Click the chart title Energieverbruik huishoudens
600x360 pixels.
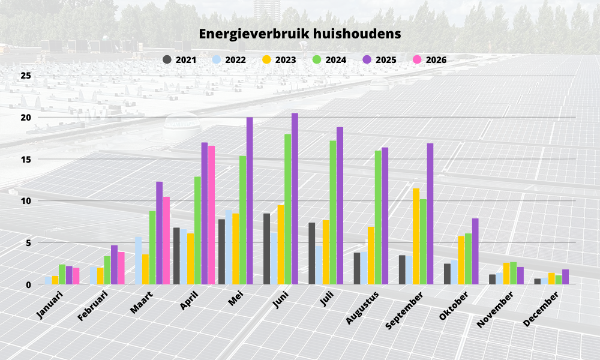coord(300,34)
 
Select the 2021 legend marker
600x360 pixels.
coord(167,59)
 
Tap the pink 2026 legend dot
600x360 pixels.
coord(417,59)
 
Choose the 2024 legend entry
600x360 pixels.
coord(329,59)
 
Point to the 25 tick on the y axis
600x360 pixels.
coord(26,76)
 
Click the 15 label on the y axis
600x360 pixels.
coord(26,159)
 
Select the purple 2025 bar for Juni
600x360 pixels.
coord(295,199)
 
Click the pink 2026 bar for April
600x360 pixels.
coord(212,215)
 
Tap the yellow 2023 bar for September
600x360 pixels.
coord(416,236)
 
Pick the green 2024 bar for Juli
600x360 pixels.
coord(333,212)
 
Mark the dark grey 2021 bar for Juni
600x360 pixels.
coord(267,248)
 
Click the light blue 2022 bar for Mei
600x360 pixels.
coord(229,247)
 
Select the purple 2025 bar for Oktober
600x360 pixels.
coord(475,251)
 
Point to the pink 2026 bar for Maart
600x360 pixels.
coord(166,241)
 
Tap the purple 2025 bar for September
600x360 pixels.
coord(430,214)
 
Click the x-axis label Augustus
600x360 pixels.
coord(362,308)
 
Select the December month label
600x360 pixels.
coord(541,309)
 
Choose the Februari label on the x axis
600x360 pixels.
coord(93,305)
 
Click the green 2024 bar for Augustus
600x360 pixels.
coord(378,217)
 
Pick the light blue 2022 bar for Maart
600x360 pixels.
coord(138,260)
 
